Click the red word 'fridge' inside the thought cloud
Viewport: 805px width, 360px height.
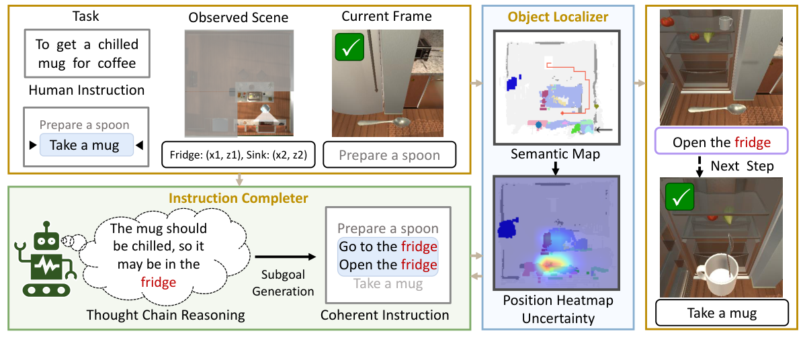[x=159, y=282]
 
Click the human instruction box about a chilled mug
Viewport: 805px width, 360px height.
[x=86, y=54]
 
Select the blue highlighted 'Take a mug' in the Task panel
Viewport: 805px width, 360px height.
[x=85, y=145]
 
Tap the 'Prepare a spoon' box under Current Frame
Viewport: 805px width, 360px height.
[x=389, y=156]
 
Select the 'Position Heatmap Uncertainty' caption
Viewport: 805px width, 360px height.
[x=558, y=310]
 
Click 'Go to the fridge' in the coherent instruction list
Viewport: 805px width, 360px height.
[x=388, y=246]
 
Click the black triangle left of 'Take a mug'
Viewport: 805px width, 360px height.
[x=31, y=145]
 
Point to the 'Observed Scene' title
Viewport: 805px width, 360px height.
[x=239, y=17]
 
